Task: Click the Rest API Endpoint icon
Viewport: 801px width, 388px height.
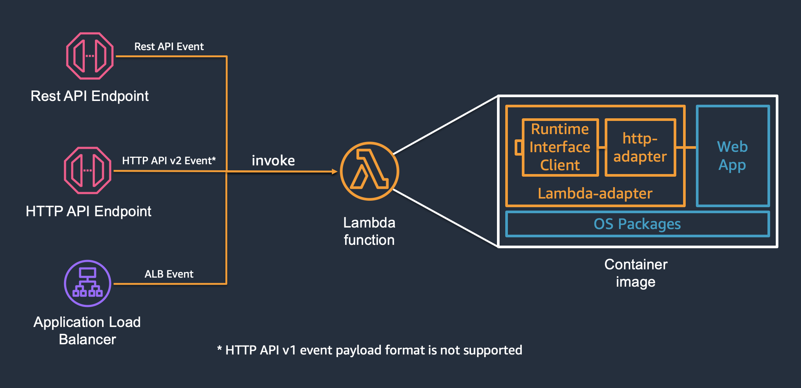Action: click(x=90, y=56)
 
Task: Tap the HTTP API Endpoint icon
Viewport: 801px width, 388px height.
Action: click(x=87, y=171)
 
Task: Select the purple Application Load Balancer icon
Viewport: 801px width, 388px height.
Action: click(x=87, y=283)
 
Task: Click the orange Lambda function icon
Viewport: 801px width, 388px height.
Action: click(x=369, y=171)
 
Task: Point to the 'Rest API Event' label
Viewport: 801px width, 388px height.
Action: click(x=169, y=47)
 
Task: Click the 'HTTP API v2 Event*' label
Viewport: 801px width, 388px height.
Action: click(x=169, y=161)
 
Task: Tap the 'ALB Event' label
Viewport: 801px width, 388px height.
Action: click(x=169, y=274)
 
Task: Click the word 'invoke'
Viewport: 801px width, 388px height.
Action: click(x=273, y=161)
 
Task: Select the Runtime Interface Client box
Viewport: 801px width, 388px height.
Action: click(x=560, y=147)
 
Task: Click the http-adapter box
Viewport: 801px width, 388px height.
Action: click(x=640, y=147)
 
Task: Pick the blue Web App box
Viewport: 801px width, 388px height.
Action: click(x=732, y=156)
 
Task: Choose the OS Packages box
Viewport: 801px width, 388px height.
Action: click(x=637, y=224)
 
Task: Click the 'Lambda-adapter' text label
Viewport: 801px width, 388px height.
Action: click(x=595, y=194)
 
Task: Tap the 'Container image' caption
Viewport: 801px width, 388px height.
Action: click(x=636, y=273)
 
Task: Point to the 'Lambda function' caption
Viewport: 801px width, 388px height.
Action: click(x=369, y=231)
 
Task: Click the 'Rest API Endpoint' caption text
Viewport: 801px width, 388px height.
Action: click(x=90, y=96)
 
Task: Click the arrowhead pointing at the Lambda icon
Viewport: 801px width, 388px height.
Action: click(x=335, y=171)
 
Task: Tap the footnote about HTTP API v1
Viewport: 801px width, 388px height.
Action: click(x=370, y=350)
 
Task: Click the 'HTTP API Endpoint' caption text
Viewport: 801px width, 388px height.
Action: click(x=89, y=212)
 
